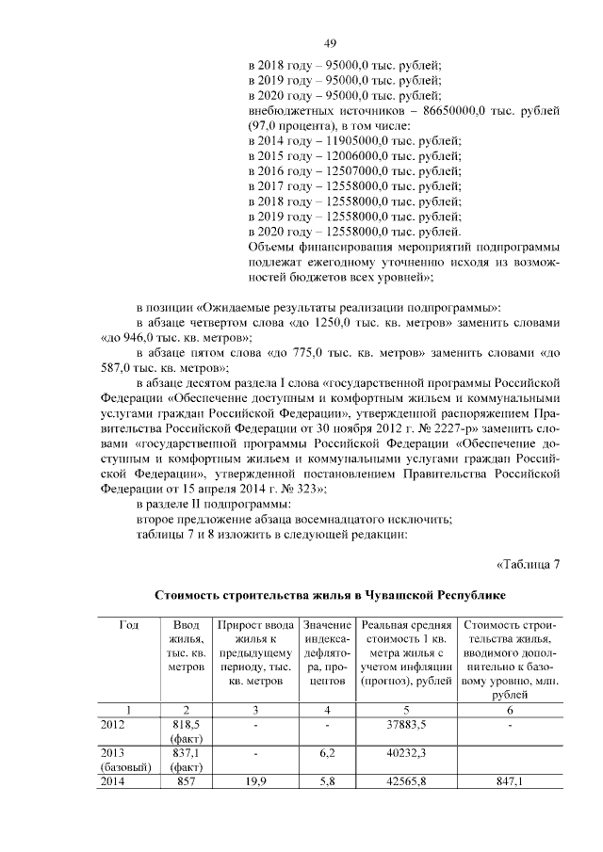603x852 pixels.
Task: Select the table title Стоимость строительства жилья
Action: point(330,596)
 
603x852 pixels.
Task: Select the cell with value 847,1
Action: point(508,780)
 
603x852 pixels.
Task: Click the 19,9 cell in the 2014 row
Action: point(254,780)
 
